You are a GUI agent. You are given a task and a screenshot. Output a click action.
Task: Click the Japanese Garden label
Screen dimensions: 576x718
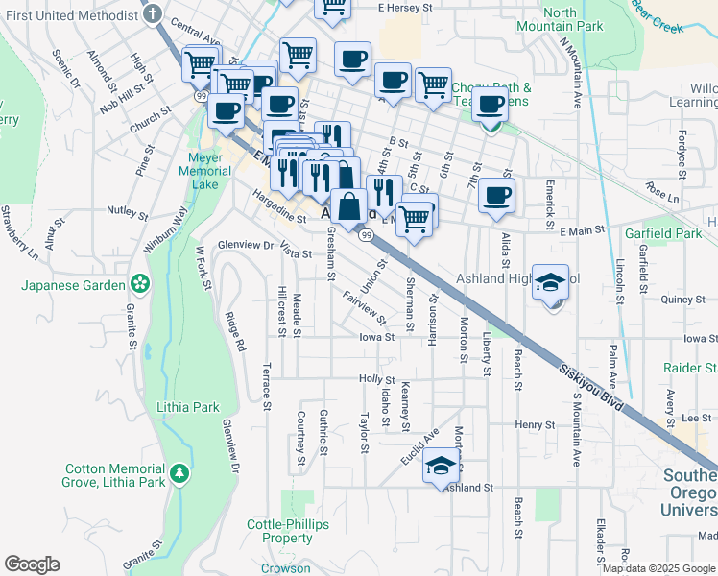75,285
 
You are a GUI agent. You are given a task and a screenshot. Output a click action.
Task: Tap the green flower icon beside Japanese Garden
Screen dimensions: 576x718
141,284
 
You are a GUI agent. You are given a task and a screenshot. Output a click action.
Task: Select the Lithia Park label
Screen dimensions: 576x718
188,407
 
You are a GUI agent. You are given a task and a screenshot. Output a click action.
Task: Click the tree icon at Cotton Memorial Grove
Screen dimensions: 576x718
179,473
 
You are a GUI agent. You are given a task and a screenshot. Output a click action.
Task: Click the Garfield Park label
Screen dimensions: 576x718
663,233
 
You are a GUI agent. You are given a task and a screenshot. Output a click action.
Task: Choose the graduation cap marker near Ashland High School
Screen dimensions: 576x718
551,283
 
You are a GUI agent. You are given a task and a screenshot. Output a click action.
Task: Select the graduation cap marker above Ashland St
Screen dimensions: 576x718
441,466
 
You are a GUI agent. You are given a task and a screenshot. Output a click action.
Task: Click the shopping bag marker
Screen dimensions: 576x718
349,205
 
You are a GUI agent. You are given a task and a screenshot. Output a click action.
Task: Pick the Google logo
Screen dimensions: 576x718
32,564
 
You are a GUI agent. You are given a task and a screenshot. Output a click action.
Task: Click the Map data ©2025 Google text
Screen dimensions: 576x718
658,567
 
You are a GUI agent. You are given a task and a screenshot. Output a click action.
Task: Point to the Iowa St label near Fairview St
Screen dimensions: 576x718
376,338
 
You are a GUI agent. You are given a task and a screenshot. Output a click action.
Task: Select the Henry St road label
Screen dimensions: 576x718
535,424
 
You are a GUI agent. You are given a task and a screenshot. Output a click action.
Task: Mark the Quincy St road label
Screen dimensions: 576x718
682,300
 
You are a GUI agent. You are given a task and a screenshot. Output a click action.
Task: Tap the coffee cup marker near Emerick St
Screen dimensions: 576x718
496,195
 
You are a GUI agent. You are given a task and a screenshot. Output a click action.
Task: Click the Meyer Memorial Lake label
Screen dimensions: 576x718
204,164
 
